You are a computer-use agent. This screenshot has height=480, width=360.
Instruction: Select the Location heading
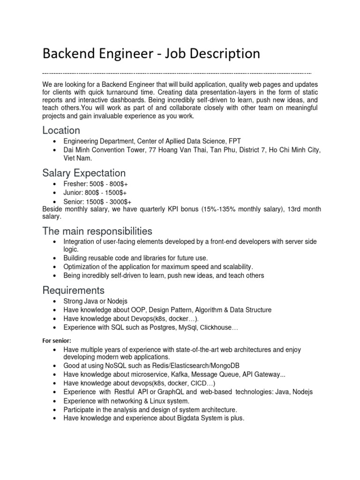[61, 130]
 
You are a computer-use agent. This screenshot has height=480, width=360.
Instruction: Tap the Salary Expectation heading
[84, 173]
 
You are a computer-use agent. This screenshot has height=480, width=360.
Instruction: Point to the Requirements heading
[74, 290]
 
